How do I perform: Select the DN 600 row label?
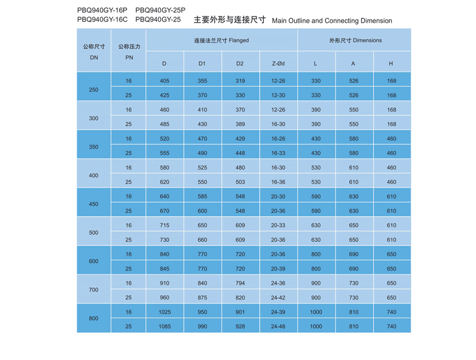tap(94, 261)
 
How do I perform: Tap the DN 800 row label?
tap(94, 319)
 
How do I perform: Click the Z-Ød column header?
tap(278, 64)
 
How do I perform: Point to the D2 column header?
tap(240, 64)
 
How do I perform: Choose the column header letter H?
tap(391, 64)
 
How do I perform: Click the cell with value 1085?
tap(165, 327)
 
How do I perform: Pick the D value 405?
tap(165, 81)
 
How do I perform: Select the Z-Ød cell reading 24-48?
tap(278, 327)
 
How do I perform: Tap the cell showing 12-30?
tap(278, 96)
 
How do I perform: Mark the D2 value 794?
tap(240, 283)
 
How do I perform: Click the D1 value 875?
tap(203, 298)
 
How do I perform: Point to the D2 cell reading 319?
tap(240, 81)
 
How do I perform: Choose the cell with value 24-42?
tap(278, 298)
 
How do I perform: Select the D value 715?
tap(165, 225)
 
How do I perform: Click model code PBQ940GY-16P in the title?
tap(102, 10)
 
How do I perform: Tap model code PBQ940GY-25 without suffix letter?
tap(158, 20)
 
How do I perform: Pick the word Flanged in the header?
tap(239, 40)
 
